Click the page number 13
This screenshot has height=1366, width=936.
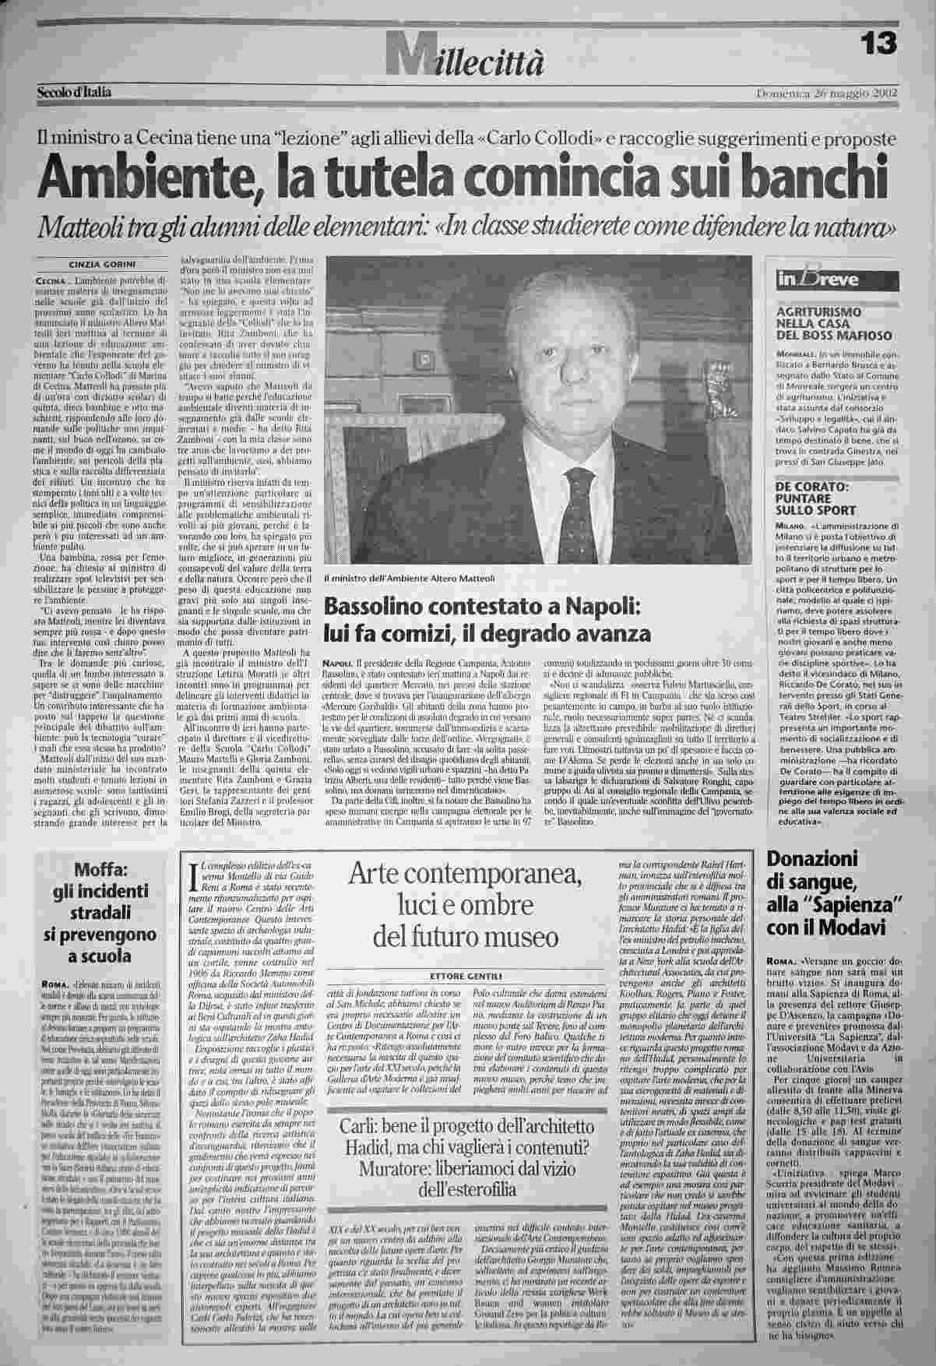[880, 41]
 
